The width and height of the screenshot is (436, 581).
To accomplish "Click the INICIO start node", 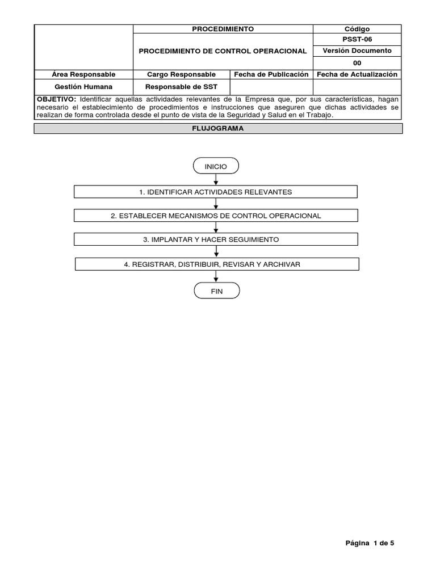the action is pos(216,166).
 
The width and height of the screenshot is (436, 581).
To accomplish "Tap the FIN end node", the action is pos(216,291).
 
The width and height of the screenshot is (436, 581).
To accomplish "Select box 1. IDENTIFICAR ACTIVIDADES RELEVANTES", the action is pos(216,192).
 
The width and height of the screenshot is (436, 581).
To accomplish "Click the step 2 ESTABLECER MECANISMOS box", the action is pos(216,216).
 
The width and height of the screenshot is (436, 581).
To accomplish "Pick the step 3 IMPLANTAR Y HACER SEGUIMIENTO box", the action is pos(216,239).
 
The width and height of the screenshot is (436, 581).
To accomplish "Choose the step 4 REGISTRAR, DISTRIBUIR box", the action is pos(217,264).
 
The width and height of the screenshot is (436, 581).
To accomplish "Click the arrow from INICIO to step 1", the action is pos(216,179).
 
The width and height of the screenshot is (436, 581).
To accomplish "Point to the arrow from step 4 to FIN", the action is pos(216,277).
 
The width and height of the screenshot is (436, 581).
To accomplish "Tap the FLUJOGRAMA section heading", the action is pos(218,129).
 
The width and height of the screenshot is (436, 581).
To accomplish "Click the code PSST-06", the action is pos(357,40).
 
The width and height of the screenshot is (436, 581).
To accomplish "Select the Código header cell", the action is pos(357,29).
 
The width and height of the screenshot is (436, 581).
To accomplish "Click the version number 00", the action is pos(357,63).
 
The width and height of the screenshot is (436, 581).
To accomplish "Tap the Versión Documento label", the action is pos(357,50).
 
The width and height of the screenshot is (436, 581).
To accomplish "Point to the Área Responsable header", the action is pos(83,74).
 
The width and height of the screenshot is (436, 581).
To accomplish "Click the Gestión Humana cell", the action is pos(83,86).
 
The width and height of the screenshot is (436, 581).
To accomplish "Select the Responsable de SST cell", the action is pos(181,86).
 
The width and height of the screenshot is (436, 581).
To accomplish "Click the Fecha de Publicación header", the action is pos(271,74).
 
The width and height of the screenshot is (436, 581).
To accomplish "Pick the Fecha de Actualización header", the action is pos(357,74).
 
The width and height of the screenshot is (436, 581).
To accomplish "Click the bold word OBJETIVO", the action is pos(56,99).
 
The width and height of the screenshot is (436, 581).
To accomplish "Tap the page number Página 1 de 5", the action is pos(370,543).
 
